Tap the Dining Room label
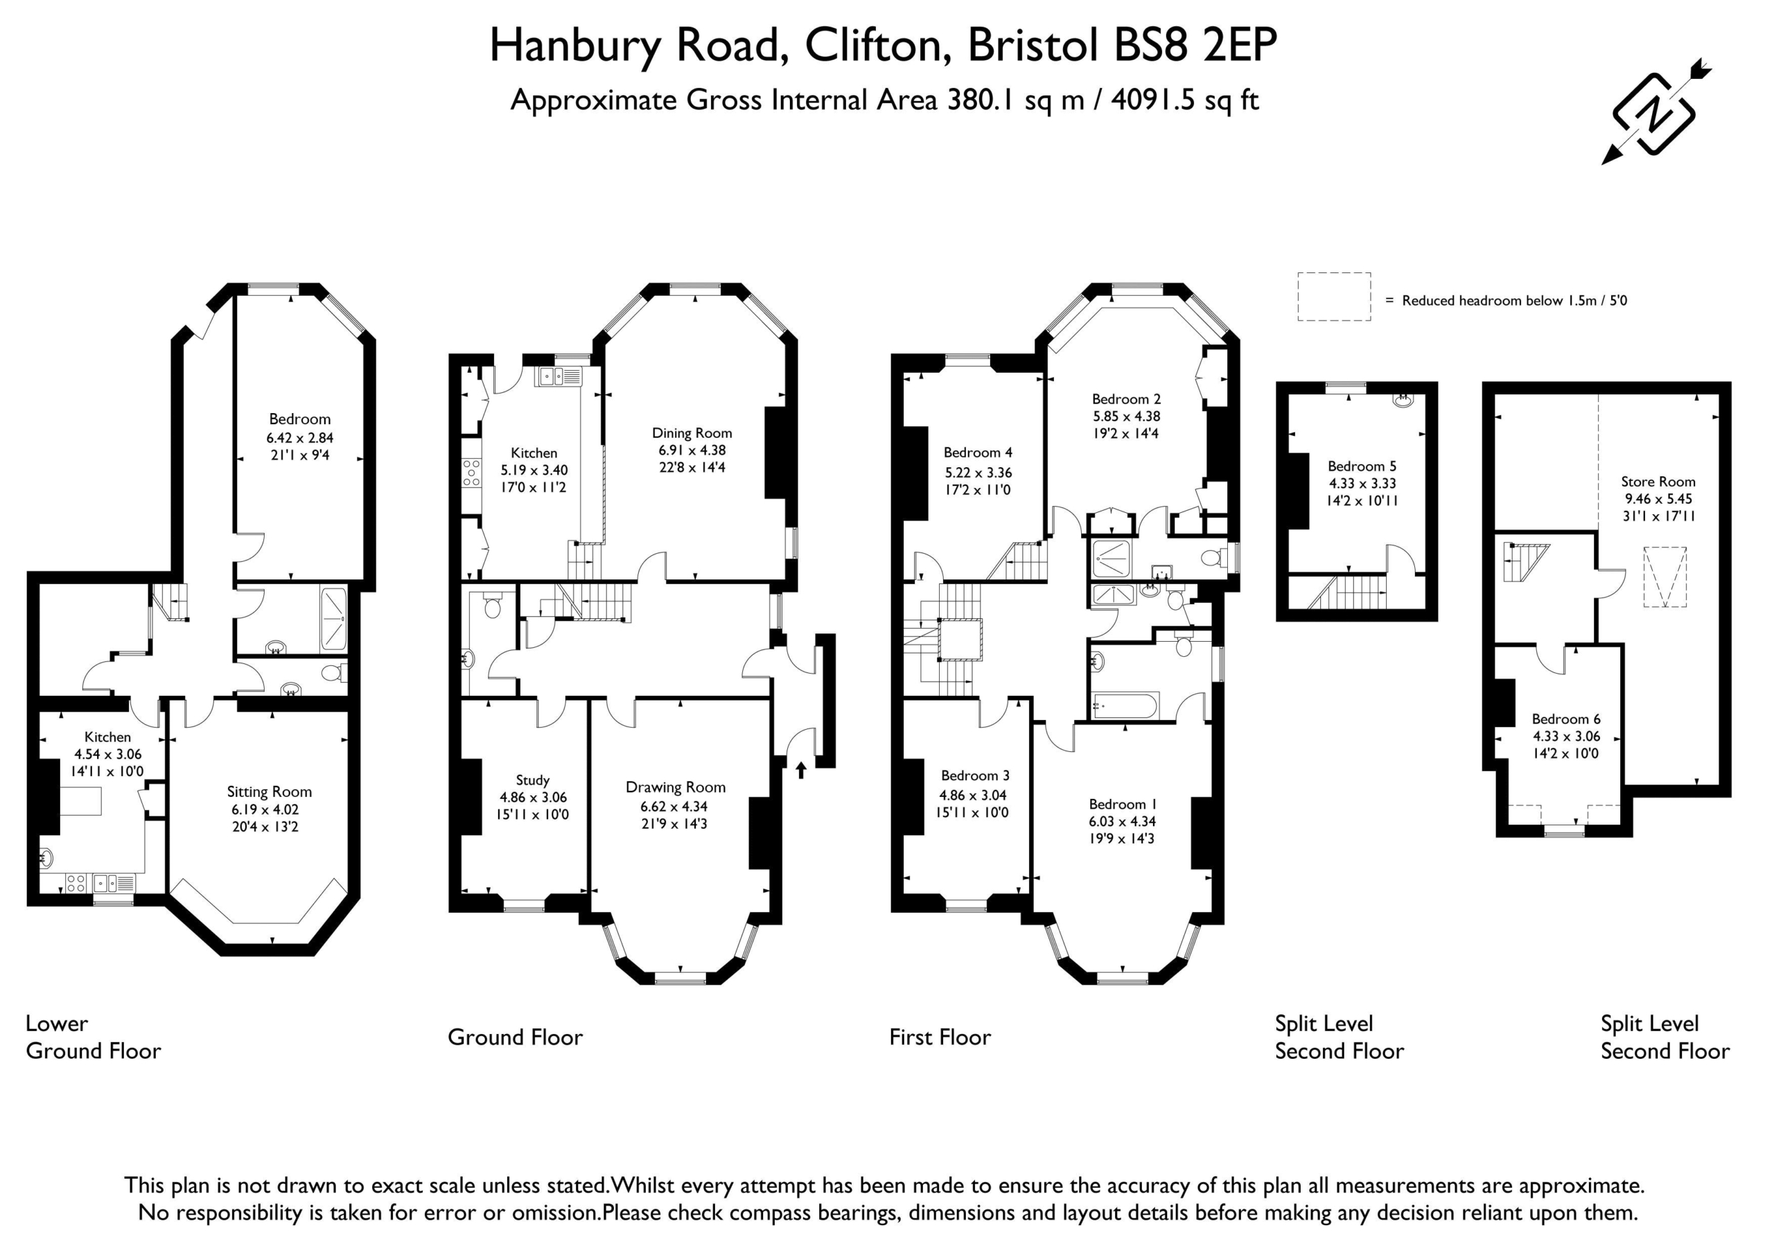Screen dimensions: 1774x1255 (x=692, y=432)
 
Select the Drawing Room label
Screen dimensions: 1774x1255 (x=675, y=787)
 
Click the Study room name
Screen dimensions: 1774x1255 (x=532, y=780)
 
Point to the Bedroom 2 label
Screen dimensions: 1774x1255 (x=1126, y=398)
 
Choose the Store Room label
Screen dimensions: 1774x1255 (x=1658, y=482)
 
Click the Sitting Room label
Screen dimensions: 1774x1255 (x=269, y=792)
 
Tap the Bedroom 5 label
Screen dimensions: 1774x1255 (x=1362, y=466)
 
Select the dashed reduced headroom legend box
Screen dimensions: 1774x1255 (x=1333, y=296)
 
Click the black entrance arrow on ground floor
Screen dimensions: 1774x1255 (x=800, y=770)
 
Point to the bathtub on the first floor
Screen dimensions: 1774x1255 (x=1124, y=705)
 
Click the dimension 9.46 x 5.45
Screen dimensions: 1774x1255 (x=1658, y=498)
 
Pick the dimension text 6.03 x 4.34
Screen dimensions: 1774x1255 (x=1122, y=821)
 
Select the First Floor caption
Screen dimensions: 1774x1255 (x=940, y=1037)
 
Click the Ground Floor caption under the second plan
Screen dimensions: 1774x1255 (x=516, y=1037)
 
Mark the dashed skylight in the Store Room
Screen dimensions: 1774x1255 (x=1665, y=577)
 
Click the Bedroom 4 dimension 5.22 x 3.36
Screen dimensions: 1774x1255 (x=978, y=472)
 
